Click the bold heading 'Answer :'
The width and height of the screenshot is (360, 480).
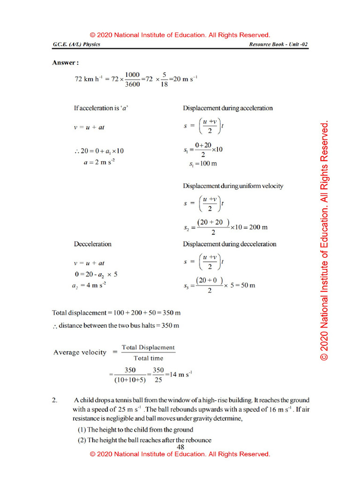[65, 62]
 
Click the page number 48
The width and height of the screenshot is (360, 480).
[180, 447]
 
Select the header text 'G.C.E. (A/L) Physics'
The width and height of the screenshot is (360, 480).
[76, 45]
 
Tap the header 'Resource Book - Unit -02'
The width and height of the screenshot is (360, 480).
[278, 45]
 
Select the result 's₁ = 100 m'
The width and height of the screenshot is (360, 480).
[202, 164]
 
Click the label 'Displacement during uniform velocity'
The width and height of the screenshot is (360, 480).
[233, 186]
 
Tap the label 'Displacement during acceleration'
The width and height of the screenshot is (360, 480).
[227, 108]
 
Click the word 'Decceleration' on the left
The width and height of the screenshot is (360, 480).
[93, 244]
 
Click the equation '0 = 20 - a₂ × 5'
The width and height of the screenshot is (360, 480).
[96, 274]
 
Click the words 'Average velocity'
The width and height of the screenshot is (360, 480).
[80, 352]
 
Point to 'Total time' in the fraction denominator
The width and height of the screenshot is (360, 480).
[148, 358]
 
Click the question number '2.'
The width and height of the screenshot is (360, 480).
[55, 400]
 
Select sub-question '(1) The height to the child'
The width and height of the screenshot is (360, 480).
[135, 429]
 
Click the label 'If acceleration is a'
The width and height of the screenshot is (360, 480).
[101, 108]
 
